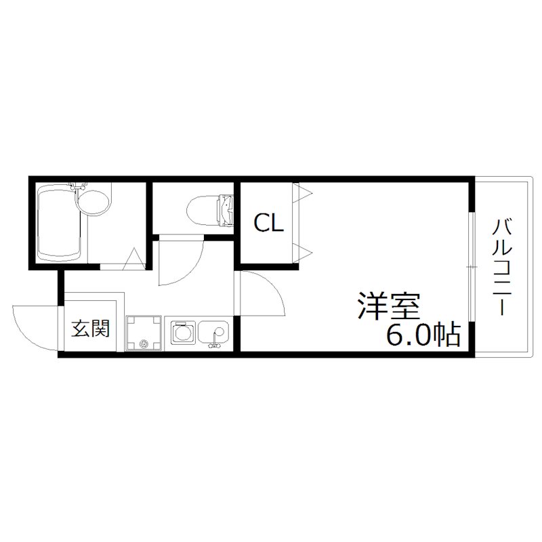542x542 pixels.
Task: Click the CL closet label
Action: click(268, 224)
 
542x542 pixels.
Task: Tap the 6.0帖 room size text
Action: click(423, 335)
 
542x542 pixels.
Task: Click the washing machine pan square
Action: click(144, 333)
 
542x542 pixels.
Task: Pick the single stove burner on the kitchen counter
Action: click(181, 333)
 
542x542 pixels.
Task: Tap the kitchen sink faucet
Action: click(217, 343)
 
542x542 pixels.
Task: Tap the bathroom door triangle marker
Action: click(135, 259)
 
